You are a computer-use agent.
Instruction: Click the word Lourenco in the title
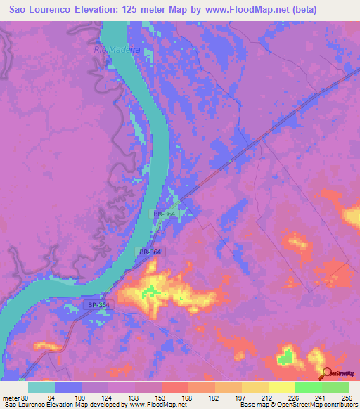[61, 10]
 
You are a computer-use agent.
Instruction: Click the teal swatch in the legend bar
[42, 387]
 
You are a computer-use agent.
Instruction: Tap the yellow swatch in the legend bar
[281, 387]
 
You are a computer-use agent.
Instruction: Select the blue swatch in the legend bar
[68, 387]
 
